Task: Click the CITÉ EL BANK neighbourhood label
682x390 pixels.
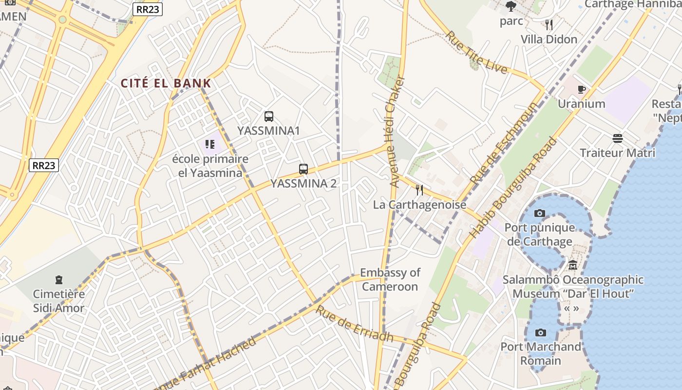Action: coord(166,83)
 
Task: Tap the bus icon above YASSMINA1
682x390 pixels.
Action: coord(269,117)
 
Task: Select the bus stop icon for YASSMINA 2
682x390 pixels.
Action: coord(303,169)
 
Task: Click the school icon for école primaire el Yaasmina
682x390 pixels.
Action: coord(210,144)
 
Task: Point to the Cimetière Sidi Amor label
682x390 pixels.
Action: coord(58,301)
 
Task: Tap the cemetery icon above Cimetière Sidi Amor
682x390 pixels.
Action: coord(59,280)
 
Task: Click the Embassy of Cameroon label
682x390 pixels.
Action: coord(390,279)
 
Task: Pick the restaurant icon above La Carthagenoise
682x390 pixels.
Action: coord(419,190)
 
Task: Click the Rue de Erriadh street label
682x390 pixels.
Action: coord(354,324)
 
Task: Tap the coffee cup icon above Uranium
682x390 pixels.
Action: coord(581,89)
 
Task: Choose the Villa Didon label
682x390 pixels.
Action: coord(549,39)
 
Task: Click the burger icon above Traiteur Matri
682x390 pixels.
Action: coord(618,138)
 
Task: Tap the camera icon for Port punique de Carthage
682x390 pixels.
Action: coord(540,213)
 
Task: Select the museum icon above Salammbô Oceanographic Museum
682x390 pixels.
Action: coord(573,266)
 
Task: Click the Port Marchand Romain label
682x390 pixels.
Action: coord(541,354)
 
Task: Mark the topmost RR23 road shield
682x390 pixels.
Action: coord(147,9)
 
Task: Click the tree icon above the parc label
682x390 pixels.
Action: coord(511,6)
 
